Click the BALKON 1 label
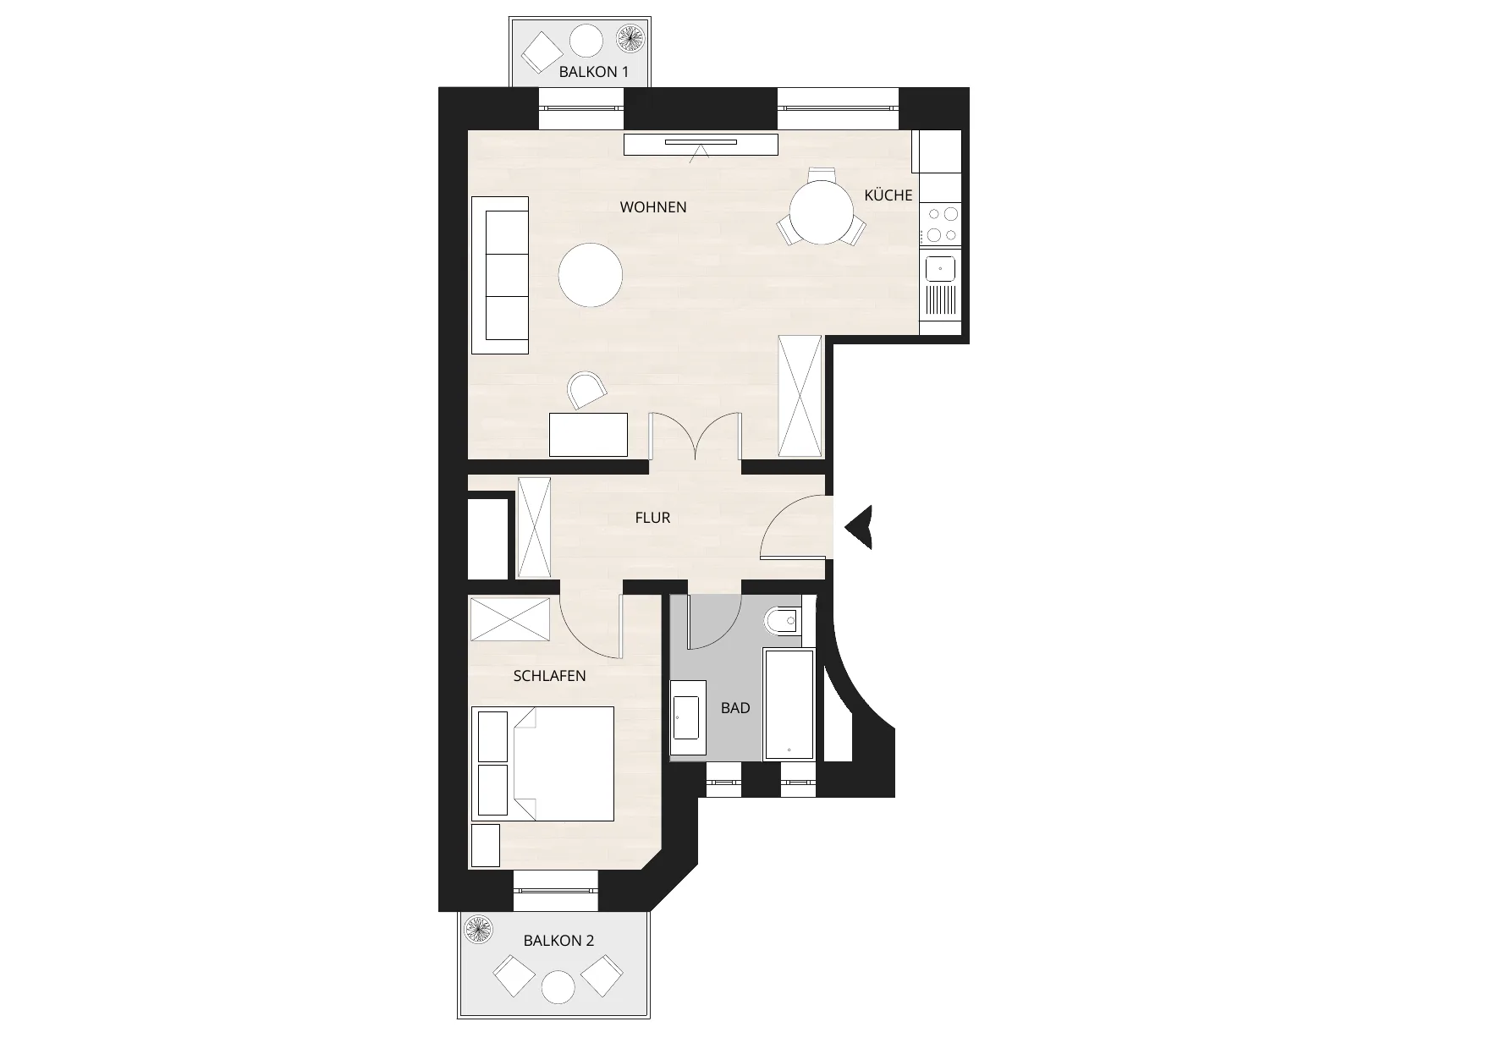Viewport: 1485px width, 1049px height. coord(593,72)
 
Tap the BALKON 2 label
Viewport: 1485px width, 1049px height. coord(558,941)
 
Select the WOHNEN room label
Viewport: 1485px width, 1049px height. coord(653,207)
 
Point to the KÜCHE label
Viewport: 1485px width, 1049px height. coord(888,195)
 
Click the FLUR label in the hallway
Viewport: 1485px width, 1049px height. coord(652,518)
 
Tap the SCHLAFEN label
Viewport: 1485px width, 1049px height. coord(550,676)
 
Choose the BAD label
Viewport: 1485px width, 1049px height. coord(735,708)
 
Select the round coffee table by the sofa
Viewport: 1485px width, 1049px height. coord(591,274)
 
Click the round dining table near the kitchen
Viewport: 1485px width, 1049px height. coord(822,212)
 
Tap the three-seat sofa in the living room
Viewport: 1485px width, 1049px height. coord(500,276)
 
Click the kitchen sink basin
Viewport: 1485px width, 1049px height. coord(941,269)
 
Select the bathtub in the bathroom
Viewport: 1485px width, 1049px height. coord(789,705)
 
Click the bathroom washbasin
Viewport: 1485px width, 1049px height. coord(687,717)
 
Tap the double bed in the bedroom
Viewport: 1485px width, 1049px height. coord(542,764)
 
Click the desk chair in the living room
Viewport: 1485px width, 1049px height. coord(587,391)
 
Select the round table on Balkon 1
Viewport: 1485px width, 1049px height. coord(586,41)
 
